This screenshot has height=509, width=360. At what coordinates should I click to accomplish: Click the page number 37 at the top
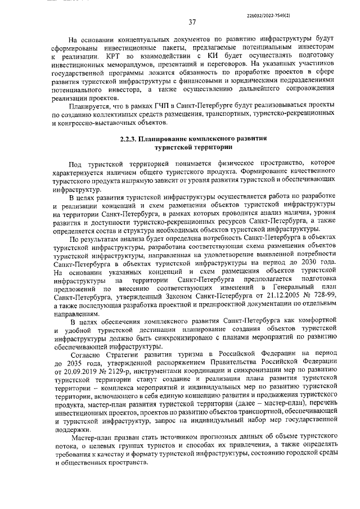(192, 22)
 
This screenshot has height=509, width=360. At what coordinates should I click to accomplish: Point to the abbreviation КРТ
(112, 57)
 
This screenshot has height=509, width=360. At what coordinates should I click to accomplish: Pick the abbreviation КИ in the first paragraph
(199, 57)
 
